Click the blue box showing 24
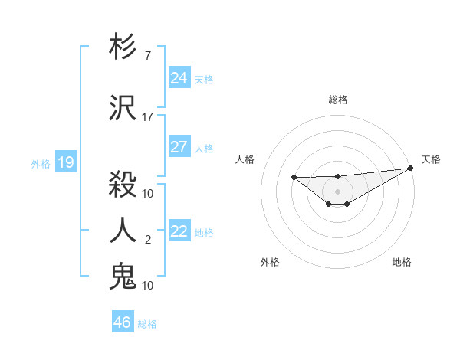(179, 77)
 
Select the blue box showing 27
(179, 147)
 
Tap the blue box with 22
(179, 231)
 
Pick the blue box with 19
(65, 162)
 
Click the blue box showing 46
(123, 322)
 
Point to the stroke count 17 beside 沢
(148, 117)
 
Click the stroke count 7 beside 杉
(148, 56)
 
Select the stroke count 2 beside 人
(148, 240)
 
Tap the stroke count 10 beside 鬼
(148, 285)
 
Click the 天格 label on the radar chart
(431, 159)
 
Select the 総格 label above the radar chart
(338, 100)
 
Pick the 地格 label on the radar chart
(402, 262)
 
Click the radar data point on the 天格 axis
(411, 168)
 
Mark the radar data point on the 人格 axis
(294, 178)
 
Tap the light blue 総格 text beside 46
(147, 324)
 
